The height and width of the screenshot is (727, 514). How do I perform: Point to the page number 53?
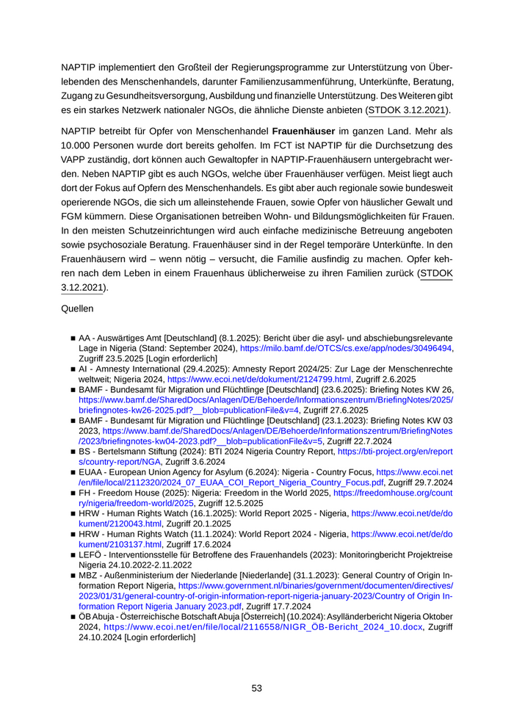(x=257, y=688)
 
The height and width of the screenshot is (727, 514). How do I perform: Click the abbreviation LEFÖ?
(x=91, y=555)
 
